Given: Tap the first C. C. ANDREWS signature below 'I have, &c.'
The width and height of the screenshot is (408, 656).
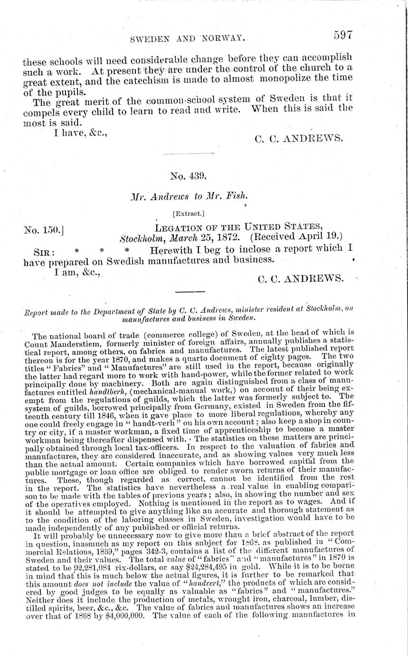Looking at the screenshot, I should pyautogui.click(x=299, y=138).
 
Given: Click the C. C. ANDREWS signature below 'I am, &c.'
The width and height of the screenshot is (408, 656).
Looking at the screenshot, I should pyautogui.click(x=300, y=280).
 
